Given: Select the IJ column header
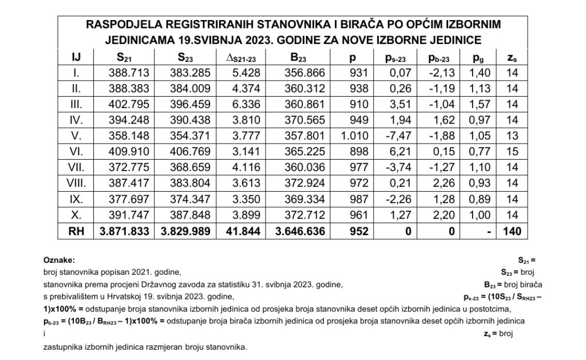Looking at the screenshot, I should tap(76, 57).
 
